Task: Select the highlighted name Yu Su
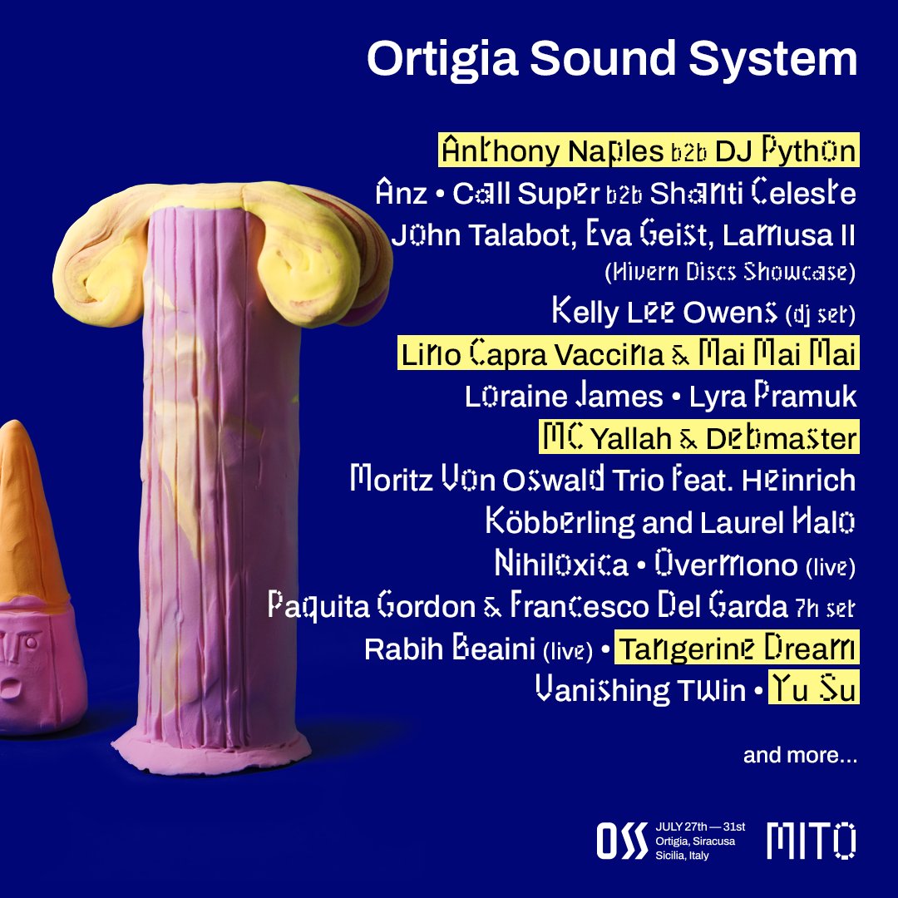812,689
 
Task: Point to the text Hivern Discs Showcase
727,272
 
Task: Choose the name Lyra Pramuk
772,397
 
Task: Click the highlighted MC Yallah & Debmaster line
698,437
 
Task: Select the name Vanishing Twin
640,690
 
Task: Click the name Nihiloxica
561,565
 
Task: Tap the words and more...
800,756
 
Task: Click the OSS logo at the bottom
622,841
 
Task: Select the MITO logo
811,841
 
